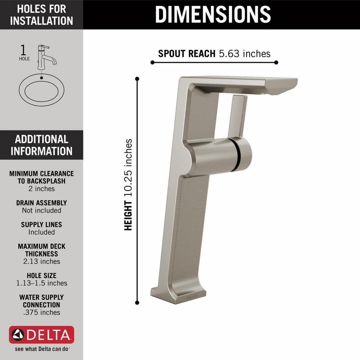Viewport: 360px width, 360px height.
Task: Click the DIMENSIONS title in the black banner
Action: click(213, 14)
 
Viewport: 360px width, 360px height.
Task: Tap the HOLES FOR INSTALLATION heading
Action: click(41, 15)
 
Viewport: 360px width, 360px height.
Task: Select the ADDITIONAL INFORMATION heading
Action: click(41, 145)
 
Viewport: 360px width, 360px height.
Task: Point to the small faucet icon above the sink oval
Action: click(45, 56)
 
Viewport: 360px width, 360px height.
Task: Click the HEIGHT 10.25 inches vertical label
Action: click(129, 185)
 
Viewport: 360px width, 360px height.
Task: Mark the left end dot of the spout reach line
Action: click(152, 62)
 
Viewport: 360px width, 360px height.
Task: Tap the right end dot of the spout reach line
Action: click(276, 62)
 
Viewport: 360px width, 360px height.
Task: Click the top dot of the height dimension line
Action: click(137, 78)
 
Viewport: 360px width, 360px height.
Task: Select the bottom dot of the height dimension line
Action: click(137, 303)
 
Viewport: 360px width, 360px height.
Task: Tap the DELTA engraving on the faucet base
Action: click(192, 297)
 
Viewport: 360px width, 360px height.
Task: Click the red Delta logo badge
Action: click(41, 335)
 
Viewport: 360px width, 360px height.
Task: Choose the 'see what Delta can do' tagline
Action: click(41, 349)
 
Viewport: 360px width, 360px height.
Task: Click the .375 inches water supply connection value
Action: click(41, 312)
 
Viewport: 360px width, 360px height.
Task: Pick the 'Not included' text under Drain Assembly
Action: click(41, 210)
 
